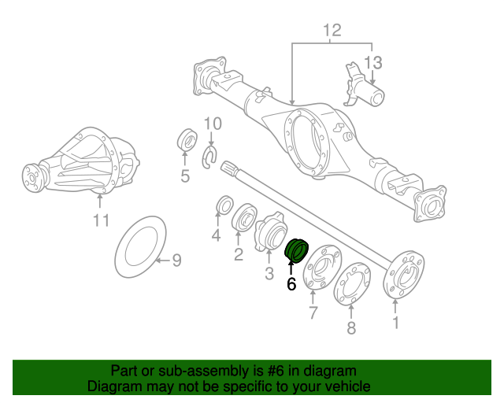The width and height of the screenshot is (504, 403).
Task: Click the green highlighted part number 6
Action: tap(297, 251)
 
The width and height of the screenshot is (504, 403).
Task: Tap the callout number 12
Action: tap(332, 31)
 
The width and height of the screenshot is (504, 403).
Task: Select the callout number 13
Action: tap(372, 61)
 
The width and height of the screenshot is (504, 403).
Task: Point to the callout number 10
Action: tap(213, 124)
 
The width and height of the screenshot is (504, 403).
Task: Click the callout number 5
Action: tap(185, 176)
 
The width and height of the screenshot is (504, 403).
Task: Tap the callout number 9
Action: tap(176, 260)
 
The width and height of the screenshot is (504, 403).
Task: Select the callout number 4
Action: tap(216, 235)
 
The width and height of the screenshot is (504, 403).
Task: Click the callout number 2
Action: tap(238, 253)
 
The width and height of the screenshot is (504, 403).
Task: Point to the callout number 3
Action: tap(269, 273)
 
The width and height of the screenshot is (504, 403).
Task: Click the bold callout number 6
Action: tap(291, 284)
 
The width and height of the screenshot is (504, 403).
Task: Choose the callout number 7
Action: tap(312, 315)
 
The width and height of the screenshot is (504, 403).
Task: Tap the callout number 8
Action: tap(351, 327)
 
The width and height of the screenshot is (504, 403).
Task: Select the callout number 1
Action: tap(395, 322)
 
